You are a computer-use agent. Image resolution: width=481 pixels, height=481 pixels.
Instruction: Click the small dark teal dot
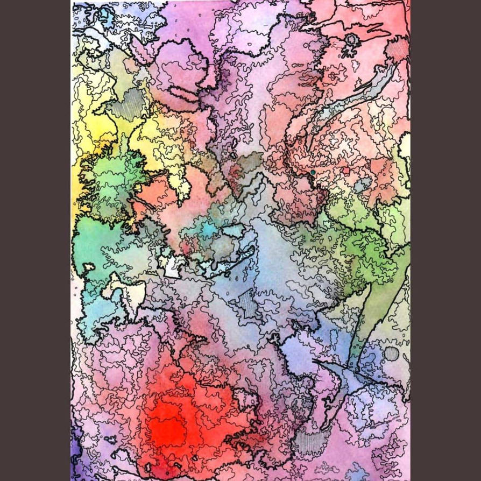click(313, 172)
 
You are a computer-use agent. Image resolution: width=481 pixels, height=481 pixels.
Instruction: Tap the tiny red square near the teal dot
click(346, 171)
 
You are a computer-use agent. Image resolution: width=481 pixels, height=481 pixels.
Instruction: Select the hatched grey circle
click(392, 353)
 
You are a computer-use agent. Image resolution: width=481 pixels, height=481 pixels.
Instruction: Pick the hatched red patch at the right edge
click(398, 51)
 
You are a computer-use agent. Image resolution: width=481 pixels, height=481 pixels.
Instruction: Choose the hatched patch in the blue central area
click(248, 305)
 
